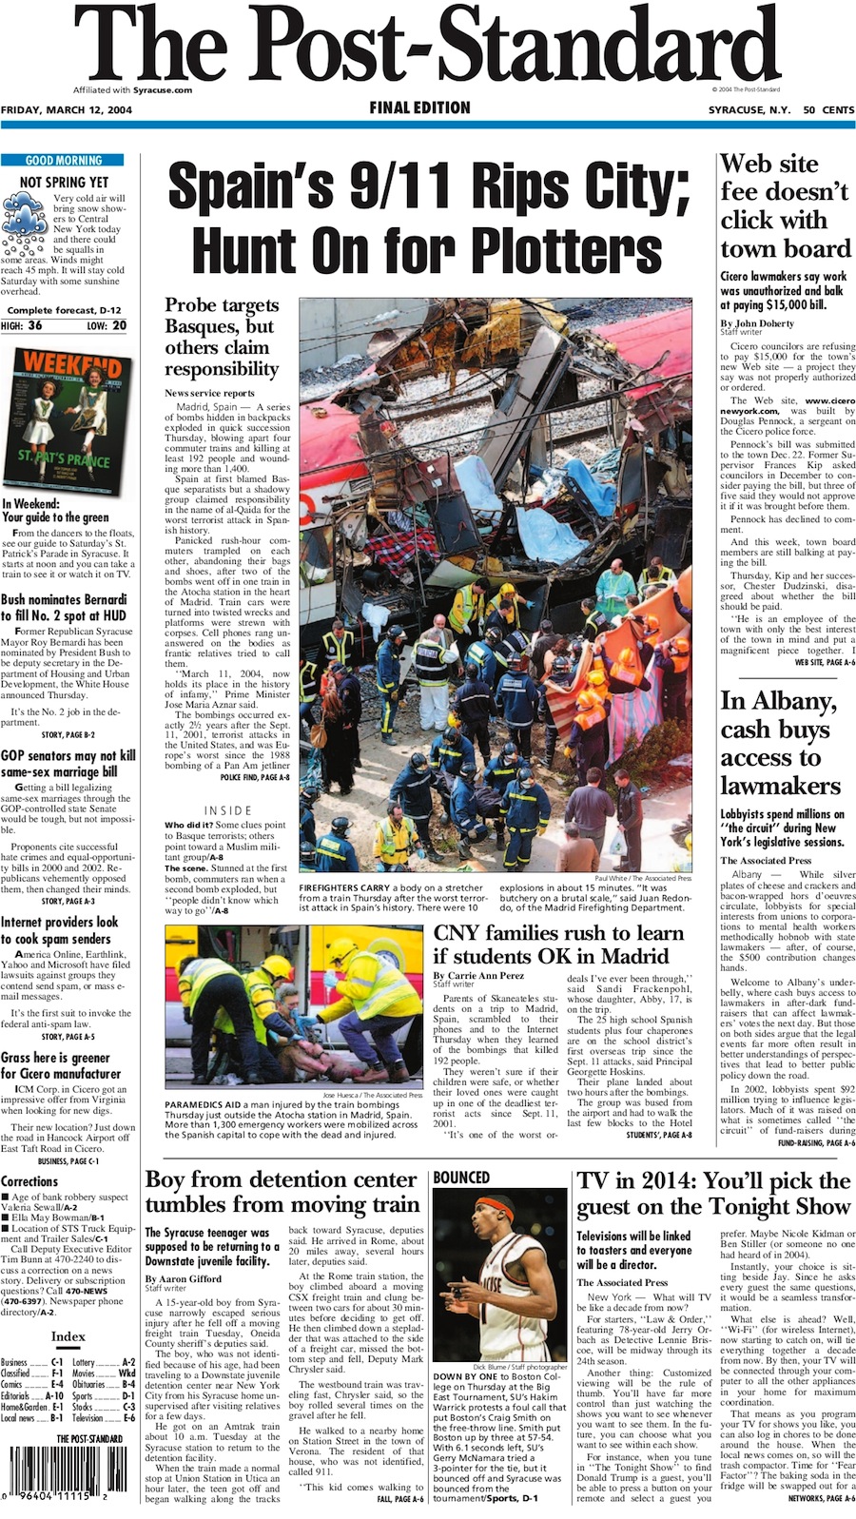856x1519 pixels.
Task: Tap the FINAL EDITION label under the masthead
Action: [419, 108]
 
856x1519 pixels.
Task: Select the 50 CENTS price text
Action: [827, 110]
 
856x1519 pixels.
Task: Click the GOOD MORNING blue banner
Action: [64, 161]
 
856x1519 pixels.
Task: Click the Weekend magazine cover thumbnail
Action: [64, 419]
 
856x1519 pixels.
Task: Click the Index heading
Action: [68, 1335]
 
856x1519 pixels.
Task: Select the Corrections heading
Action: [29, 1180]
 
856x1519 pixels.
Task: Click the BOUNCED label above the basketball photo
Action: [461, 1178]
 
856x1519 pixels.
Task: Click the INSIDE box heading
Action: [227, 810]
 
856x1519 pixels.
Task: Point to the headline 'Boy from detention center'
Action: [281, 1180]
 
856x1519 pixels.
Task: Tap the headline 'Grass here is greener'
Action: [55, 1057]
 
